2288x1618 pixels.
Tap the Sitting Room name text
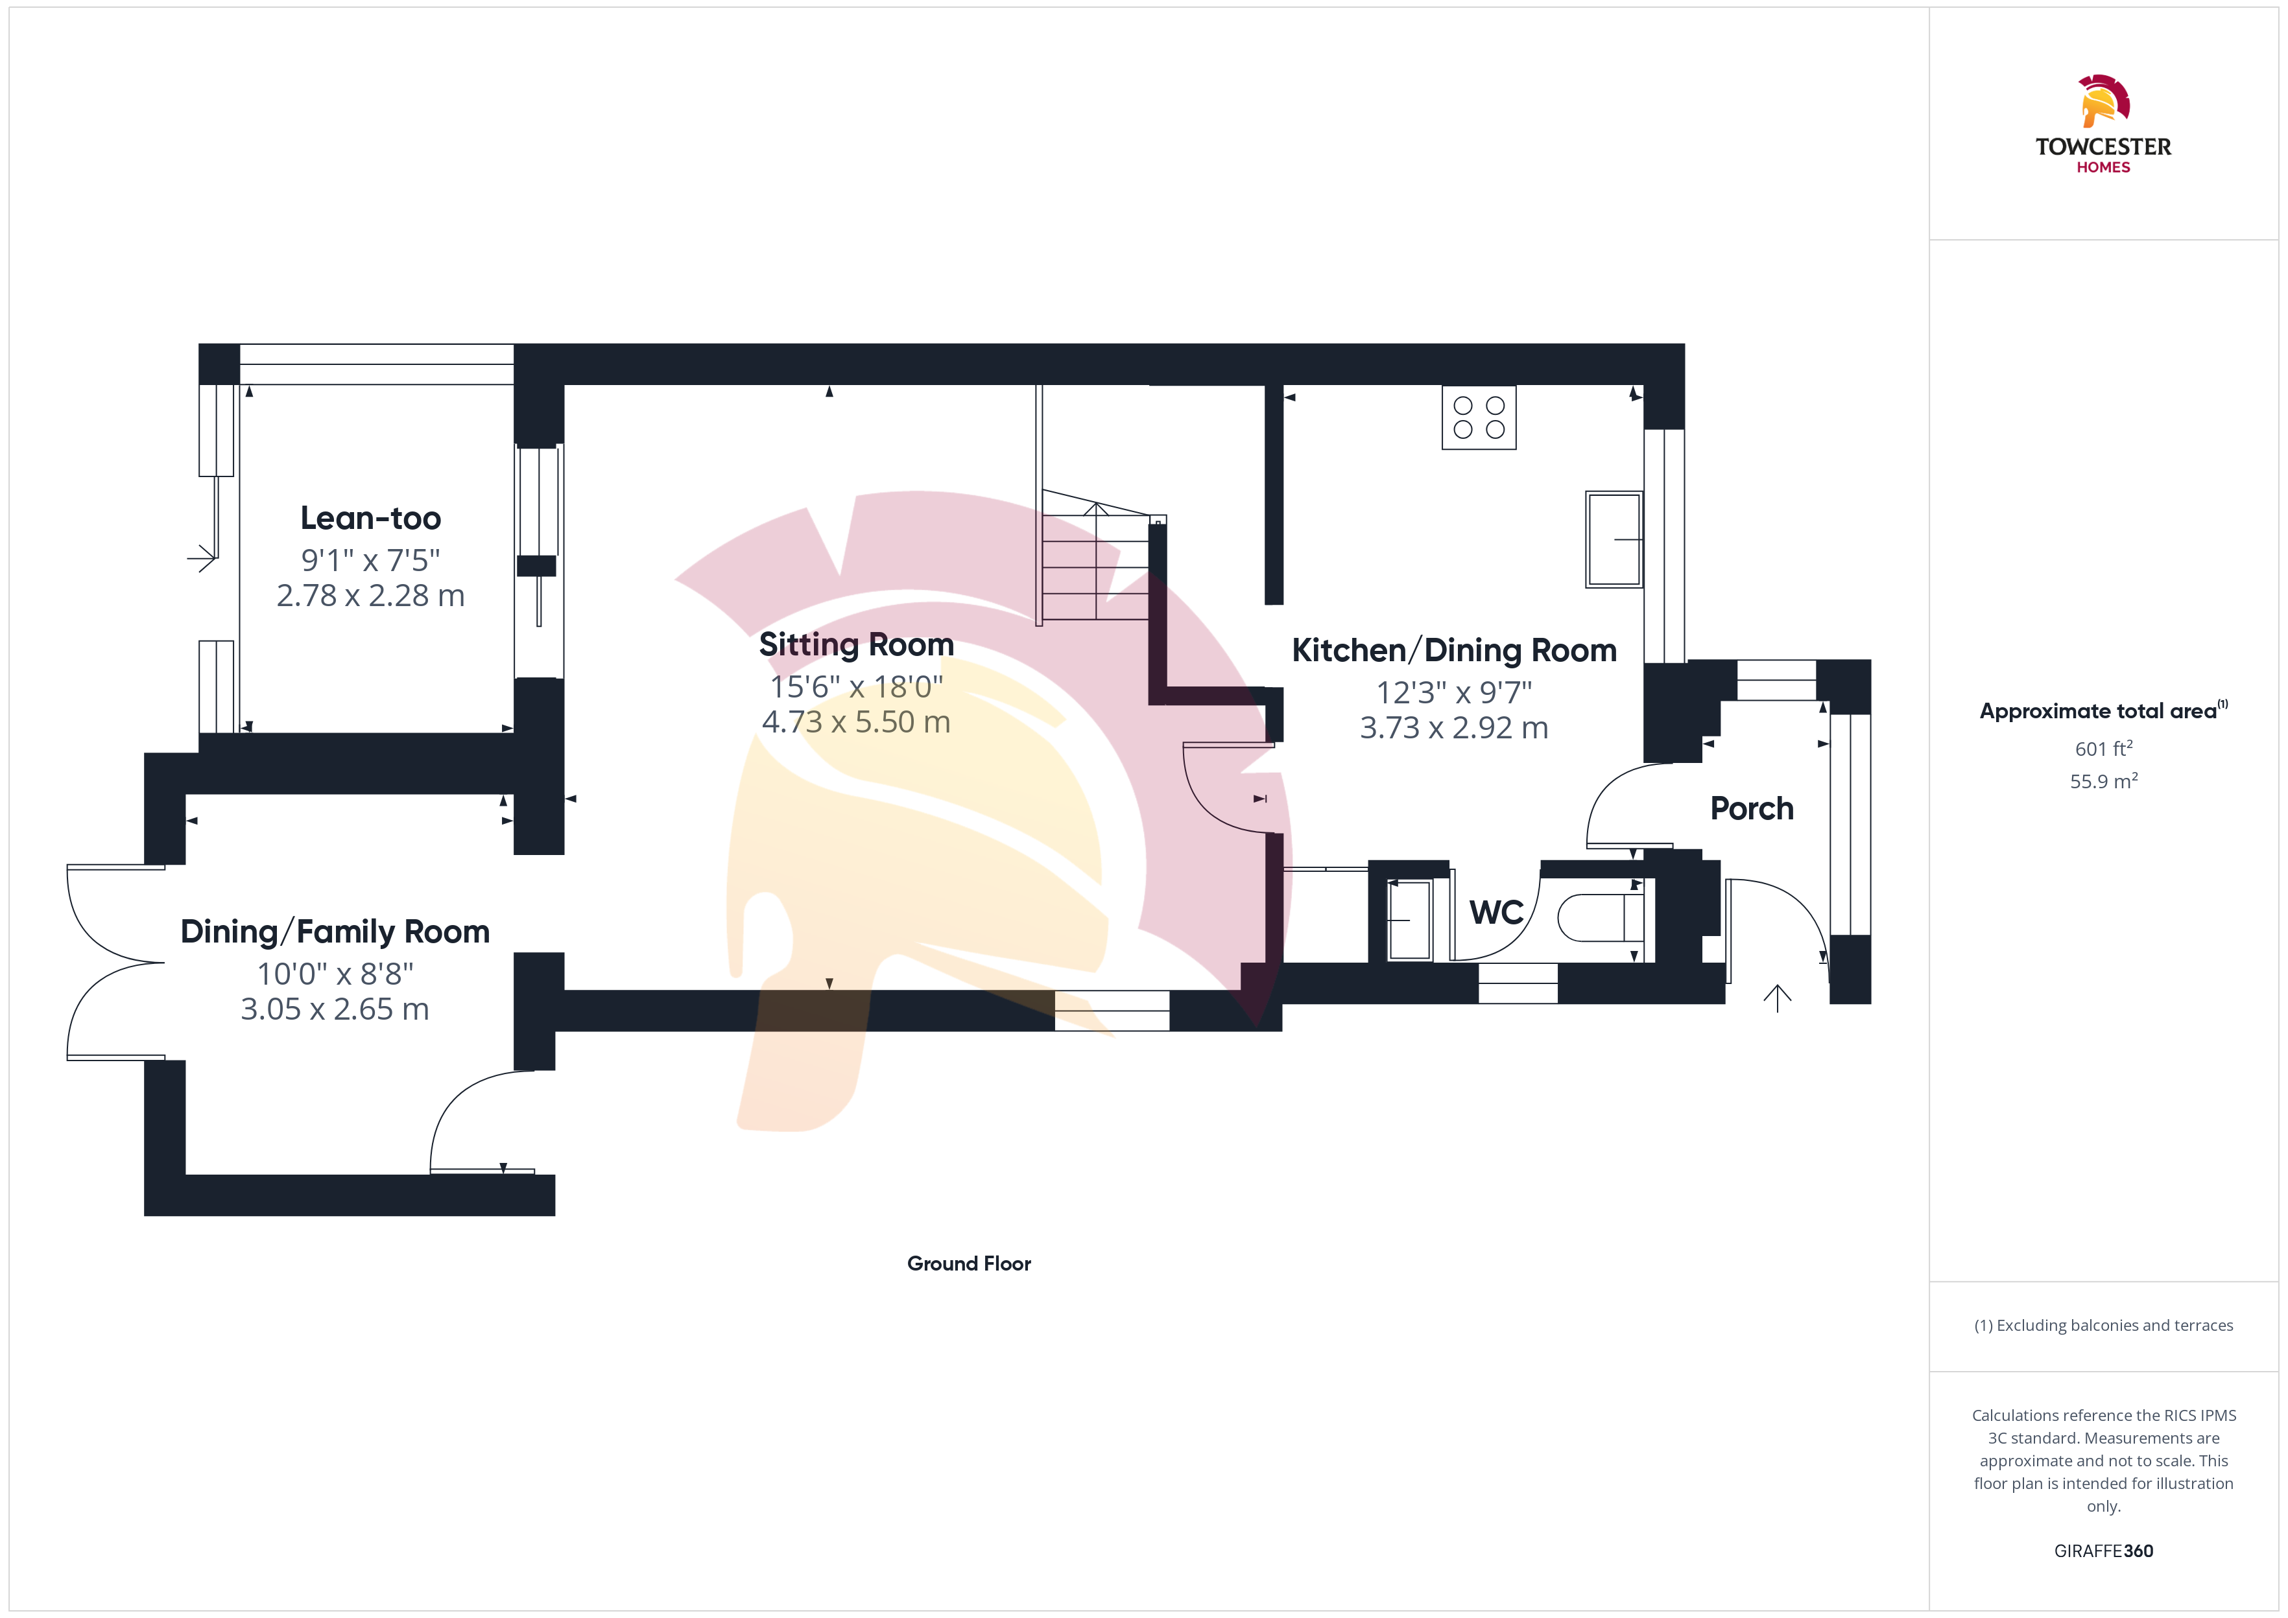[856, 644]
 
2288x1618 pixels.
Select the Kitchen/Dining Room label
[1454, 651]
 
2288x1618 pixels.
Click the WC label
[1496, 913]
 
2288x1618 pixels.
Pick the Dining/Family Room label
[335, 932]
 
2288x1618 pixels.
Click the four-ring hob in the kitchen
[1479, 417]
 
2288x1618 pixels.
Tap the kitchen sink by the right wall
[1614, 539]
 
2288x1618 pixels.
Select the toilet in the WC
[1601, 918]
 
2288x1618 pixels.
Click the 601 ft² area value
[2104, 748]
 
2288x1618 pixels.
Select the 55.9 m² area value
[2104, 781]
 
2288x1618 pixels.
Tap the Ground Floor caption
[969, 1263]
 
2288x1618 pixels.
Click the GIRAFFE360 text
[2104, 1551]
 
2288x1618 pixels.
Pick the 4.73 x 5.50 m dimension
[856, 721]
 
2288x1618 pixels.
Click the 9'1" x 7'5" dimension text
[371, 560]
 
